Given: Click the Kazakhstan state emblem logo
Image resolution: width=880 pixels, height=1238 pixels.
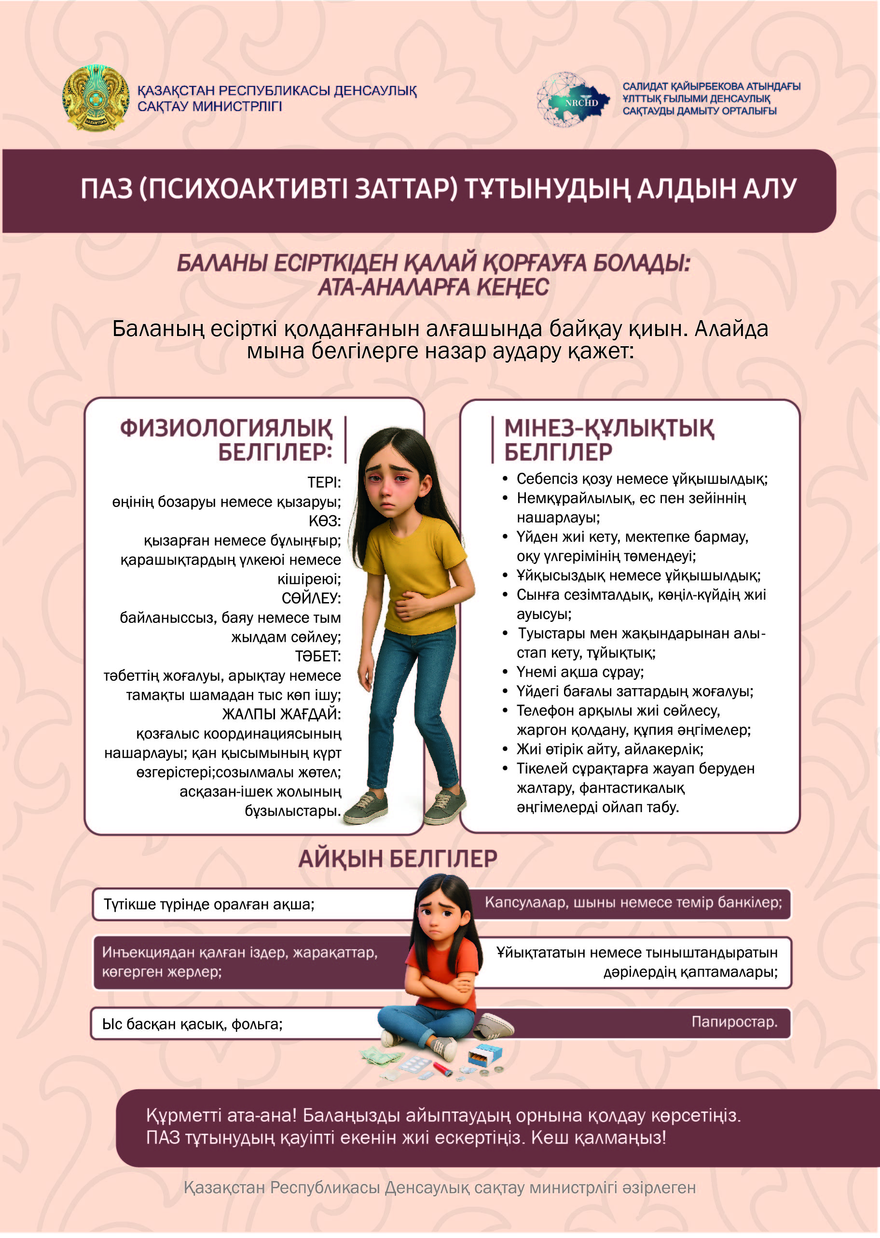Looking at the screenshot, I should pyautogui.click(x=96, y=98).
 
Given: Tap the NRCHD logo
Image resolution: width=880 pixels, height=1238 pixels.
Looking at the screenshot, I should pyautogui.click(x=573, y=100).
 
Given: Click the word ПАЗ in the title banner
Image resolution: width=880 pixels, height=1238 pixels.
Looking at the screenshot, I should pyautogui.click(x=107, y=189).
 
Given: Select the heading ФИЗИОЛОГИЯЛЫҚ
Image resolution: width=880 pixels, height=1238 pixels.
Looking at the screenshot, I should pyautogui.click(x=225, y=428).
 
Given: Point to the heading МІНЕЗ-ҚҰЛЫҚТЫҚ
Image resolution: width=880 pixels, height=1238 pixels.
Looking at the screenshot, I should pyautogui.click(x=609, y=428).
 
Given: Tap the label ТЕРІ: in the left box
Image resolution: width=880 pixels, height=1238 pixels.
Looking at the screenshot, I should pyautogui.click(x=324, y=482).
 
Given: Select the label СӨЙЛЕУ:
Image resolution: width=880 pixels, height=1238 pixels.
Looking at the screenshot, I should pyautogui.click(x=311, y=598).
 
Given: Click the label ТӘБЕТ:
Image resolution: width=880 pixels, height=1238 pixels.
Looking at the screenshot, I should pyautogui.click(x=317, y=656).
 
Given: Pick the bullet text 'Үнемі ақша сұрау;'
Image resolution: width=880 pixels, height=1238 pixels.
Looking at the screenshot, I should pyautogui.click(x=580, y=672).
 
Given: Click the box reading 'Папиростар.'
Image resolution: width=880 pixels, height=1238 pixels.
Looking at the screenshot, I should pyautogui.click(x=734, y=1022).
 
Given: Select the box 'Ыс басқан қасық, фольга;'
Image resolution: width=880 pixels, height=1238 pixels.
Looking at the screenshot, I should pyautogui.click(x=193, y=1024).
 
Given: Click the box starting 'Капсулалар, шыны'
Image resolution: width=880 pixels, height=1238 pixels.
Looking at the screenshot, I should pyautogui.click(x=633, y=902).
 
